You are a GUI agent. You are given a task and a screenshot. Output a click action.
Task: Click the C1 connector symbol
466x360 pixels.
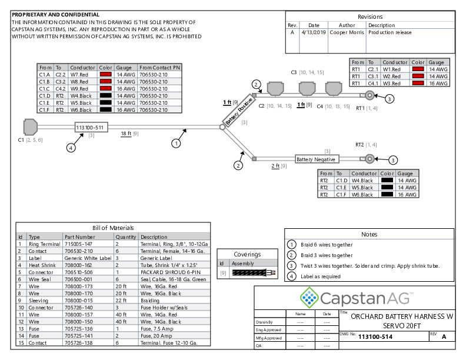30,127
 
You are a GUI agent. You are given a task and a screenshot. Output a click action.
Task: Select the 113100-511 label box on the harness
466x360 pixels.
91,128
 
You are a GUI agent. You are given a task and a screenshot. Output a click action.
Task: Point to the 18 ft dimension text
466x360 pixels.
126,134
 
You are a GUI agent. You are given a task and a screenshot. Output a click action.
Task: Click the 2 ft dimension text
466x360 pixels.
275,166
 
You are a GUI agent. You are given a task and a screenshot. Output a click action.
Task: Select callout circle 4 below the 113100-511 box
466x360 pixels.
71,148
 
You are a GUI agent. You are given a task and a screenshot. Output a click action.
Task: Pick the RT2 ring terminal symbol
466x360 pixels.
370,159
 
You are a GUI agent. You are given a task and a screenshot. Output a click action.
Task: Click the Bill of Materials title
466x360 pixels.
114,228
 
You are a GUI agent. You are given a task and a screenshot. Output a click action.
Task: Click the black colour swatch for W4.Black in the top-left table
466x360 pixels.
106,95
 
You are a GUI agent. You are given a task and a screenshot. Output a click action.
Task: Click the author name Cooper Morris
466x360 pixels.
347,33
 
